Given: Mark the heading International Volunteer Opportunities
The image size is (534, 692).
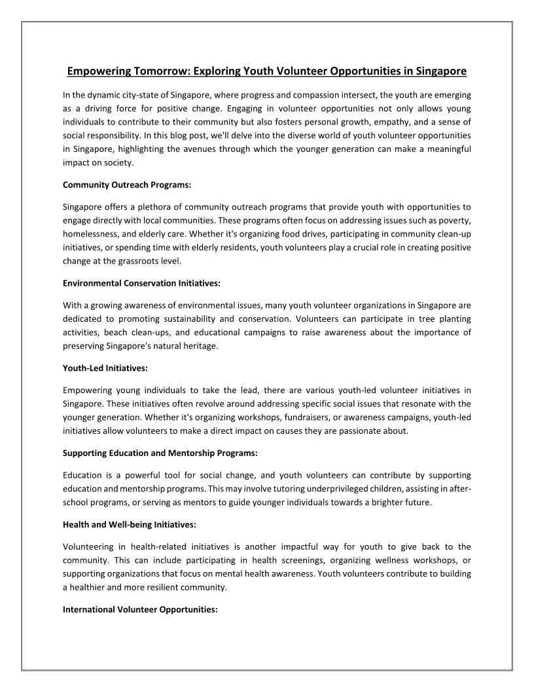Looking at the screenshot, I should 140,609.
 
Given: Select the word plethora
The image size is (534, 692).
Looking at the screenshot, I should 165,206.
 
